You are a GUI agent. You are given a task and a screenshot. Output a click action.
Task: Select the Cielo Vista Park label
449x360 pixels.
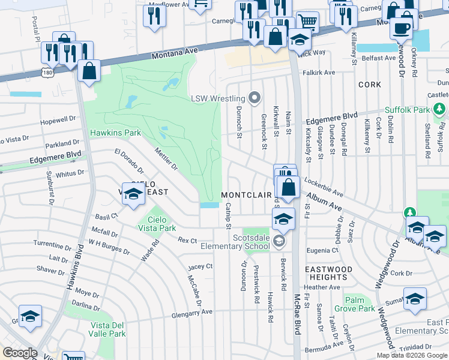pos(161,224)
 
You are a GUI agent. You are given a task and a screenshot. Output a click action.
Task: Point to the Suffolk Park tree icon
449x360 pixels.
pos(440,110)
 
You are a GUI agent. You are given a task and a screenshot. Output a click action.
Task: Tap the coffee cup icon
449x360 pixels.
pos(402,28)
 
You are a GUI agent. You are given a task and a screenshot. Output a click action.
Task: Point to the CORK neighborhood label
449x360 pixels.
pos(369,85)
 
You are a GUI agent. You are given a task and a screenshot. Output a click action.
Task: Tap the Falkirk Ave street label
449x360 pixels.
pos(319,72)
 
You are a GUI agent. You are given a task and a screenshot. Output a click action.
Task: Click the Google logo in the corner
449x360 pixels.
pos(20,353)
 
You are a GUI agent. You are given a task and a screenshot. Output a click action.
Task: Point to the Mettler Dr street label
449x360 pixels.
pos(166,159)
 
